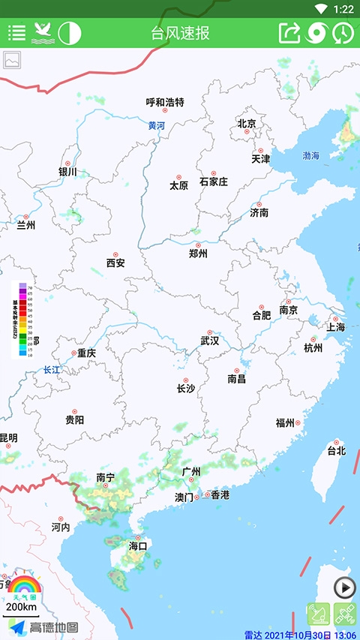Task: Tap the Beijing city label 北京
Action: (247, 124)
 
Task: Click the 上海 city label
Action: (335, 327)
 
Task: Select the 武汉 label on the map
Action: (210, 341)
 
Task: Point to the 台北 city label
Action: (336, 451)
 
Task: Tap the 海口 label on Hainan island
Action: (139, 545)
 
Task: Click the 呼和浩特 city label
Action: (164, 103)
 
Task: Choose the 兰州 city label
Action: (26, 224)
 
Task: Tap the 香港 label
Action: (220, 495)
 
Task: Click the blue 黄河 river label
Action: (156, 126)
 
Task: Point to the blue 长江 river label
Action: (51, 369)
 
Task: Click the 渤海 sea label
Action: (310, 155)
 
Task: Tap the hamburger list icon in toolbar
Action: (16, 33)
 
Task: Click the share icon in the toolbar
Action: (289, 33)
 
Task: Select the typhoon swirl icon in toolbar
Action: (316, 33)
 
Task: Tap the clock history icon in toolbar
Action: (343, 33)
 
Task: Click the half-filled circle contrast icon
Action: (69, 33)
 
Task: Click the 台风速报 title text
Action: (180, 33)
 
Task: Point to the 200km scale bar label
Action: (21, 606)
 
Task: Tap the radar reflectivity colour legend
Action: (22, 320)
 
